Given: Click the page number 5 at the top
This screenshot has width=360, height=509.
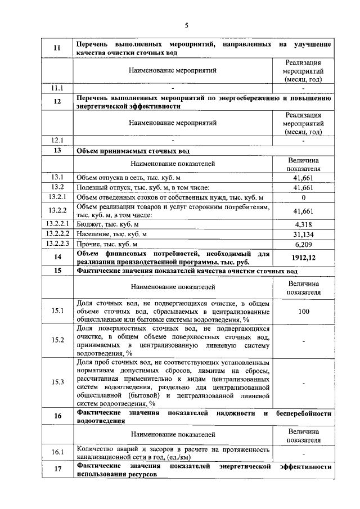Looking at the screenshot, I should tap(186, 25).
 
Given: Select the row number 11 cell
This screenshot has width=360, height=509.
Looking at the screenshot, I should tap(57, 48).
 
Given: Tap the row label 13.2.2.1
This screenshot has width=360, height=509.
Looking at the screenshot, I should tap(57, 224).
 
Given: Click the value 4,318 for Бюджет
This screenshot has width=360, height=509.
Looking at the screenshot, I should tap(303, 224).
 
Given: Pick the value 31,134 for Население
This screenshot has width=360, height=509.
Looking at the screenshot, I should tap(303, 234).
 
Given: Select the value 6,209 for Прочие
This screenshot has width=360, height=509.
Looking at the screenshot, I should tap(303, 244).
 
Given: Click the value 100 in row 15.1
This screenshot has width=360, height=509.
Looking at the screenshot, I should tap(303, 310).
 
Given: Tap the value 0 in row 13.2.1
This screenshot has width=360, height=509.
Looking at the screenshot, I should tap(303, 197).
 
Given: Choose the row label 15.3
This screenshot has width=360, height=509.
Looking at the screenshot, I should tap(57, 382).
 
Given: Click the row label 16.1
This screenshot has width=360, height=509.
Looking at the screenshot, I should tap(57, 452).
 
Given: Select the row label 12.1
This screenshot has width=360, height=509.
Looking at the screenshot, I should tap(57, 140).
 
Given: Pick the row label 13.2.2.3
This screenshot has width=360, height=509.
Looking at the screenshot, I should tap(57, 244).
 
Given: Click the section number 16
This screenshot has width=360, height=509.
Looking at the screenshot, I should tap(57, 416).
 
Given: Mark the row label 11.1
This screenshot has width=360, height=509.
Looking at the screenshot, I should tap(57, 88).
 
